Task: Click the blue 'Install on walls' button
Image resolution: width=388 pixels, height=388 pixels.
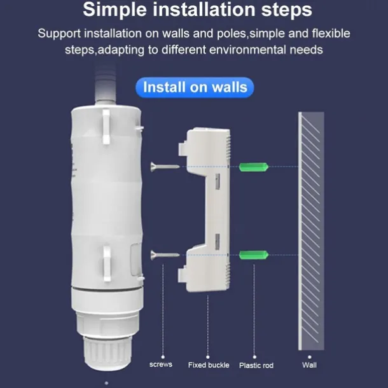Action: pyautogui.click(x=195, y=87)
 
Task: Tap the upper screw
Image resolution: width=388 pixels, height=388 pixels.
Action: pyautogui.click(x=165, y=167)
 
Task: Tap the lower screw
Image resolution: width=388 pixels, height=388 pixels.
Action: pyautogui.click(x=165, y=254)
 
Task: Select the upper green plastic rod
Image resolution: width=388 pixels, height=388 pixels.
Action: pyautogui.click(x=254, y=167)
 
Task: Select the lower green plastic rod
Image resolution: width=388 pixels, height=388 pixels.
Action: pyautogui.click(x=254, y=255)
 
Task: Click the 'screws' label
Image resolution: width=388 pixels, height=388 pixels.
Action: pyautogui.click(x=161, y=364)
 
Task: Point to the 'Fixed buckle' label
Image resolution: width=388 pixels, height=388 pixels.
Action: pyautogui.click(x=209, y=365)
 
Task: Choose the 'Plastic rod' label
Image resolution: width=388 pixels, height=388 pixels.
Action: pyautogui.click(x=256, y=366)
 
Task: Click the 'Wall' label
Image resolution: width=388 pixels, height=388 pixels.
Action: pyautogui.click(x=309, y=365)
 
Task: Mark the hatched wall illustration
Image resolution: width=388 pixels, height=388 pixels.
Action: pyautogui.click(x=311, y=231)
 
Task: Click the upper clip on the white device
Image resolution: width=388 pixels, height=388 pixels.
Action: pyautogui.click(x=106, y=127)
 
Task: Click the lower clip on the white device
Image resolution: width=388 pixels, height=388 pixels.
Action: pyautogui.click(x=107, y=263)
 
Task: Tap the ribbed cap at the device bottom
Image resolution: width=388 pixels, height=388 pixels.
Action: pyautogui.click(x=107, y=352)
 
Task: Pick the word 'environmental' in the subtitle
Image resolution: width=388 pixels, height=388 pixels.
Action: pyautogui.click(x=247, y=50)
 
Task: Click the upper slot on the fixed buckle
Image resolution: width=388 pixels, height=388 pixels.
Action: pyautogui.click(x=218, y=181)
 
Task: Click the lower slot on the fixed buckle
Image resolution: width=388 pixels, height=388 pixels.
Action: pyautogui.click(x=218, y=242)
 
